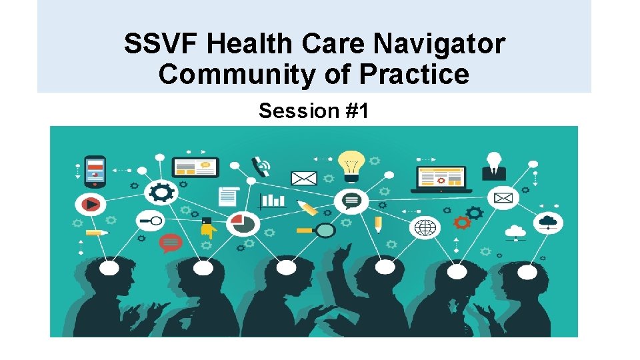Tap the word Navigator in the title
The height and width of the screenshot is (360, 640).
pos(439,45)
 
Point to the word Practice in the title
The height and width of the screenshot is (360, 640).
pos(413,75)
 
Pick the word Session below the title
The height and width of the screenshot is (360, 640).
pos(289,111)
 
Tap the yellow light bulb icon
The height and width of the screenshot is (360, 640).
pos(351,165)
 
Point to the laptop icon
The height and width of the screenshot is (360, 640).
pos(441,178)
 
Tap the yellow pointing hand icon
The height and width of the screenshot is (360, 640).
pos(208,229)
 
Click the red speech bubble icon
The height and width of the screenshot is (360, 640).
pos(171,243)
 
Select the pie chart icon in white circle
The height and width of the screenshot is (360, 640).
pos(241,224)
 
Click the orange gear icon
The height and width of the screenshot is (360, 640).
pos(461,222)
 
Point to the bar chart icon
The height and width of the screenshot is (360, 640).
pos(272,199)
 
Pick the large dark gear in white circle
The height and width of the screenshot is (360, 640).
pos(161,193)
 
